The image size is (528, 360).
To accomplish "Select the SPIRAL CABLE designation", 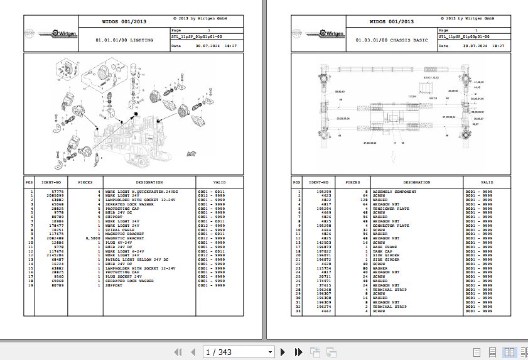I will coord(120,230).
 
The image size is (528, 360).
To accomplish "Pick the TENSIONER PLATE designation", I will coord(391,209).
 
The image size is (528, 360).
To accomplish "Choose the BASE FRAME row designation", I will coord(385,248).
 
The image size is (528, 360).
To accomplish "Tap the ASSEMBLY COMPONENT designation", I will coord(394,192).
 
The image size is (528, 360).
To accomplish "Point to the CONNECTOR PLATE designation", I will coord(391,226).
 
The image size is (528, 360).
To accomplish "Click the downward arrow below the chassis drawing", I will coord(393,159).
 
